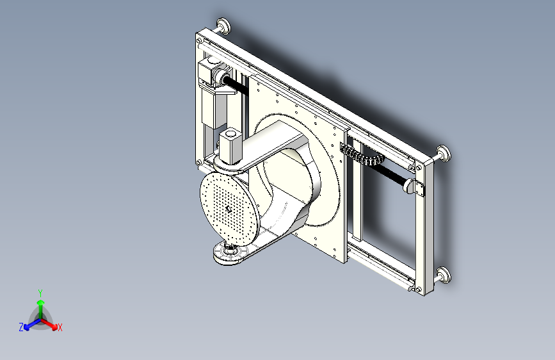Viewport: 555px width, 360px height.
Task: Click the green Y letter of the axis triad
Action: click(x=40, y=291)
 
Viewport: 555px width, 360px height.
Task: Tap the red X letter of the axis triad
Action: click(x=60, y=327)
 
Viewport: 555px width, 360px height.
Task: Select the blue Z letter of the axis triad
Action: click(x=21, y=327)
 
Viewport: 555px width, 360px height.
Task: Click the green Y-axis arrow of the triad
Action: click(x=40, y=304)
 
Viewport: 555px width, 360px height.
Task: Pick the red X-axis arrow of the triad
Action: click(x=52, y=323)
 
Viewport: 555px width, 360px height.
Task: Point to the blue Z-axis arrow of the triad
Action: click(x=29, y=324)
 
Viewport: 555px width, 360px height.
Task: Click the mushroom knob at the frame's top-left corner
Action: click(x=224, y=26)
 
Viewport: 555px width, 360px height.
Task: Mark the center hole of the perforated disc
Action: click(x=229, y=208)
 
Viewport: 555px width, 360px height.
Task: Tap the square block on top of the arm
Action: click(x=230, y=145)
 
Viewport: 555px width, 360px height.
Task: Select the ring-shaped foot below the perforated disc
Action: click(x=230, y=254)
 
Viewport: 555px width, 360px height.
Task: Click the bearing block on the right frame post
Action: click(x=416, y=188)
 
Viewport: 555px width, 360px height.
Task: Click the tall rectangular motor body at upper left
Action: click(x=211, y=106)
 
